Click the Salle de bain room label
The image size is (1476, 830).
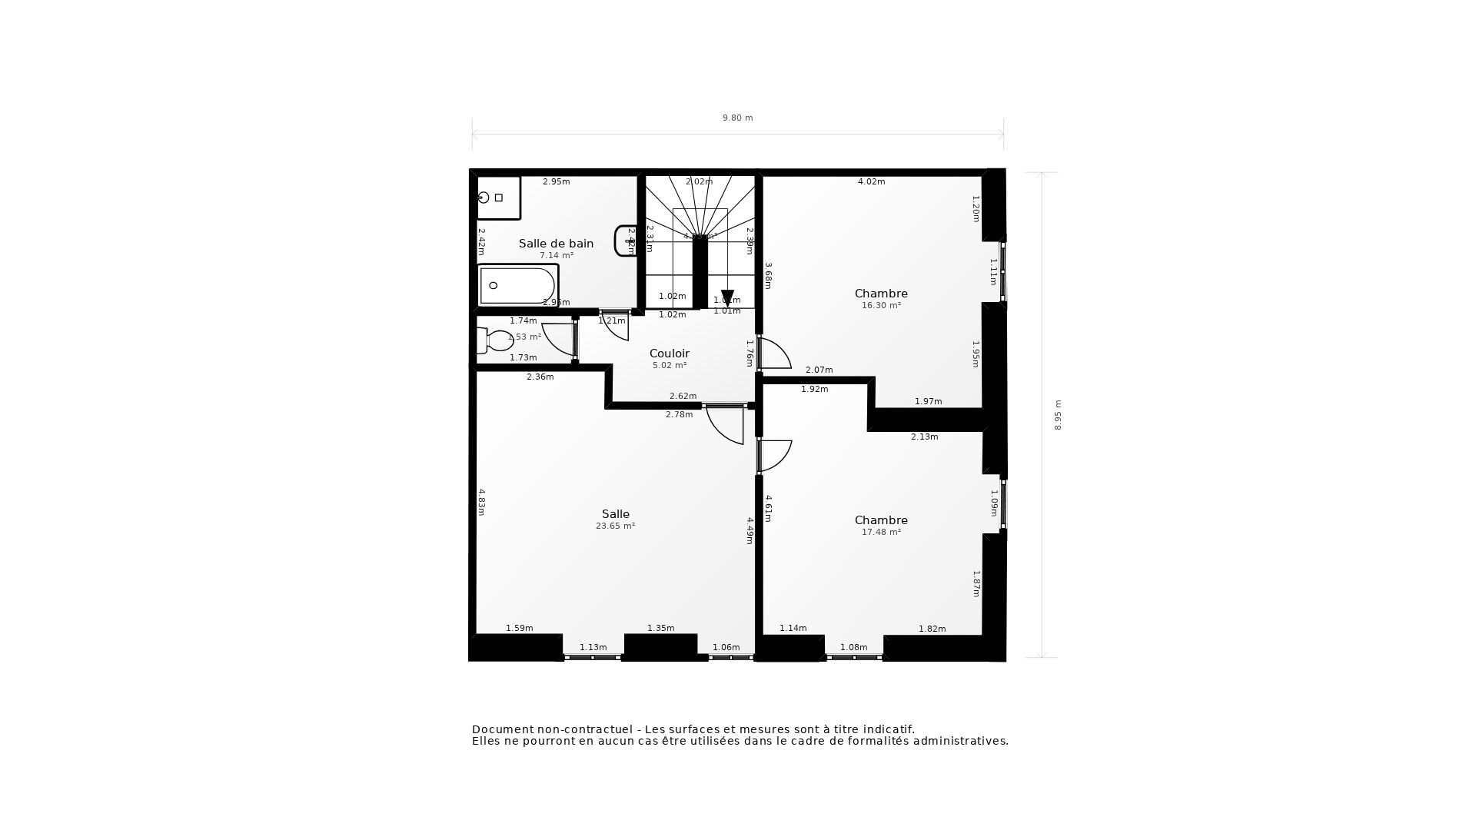click(x=556, y=244)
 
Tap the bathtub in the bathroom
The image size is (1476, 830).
click(x=517, y=286)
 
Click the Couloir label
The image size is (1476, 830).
click(x=669, y=354)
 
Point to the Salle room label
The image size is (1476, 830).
click(x=615, y=514)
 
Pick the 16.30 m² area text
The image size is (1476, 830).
click(x=881, y=305)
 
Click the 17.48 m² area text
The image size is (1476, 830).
click(x=881, y=532)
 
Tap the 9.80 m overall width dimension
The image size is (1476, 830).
click(x=737, y=118)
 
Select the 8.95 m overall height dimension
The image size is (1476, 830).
click(x=1058, y=415)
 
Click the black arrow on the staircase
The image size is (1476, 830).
click(x=727, y=297)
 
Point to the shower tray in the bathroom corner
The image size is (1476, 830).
click(x=498, y=198)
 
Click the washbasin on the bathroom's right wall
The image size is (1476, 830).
click(x=625, y=241)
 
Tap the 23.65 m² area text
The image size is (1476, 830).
click(x=615, y=526)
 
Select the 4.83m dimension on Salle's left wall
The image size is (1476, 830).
click(x=482, y=502)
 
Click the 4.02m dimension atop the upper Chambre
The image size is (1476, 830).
click(x=871, y=182)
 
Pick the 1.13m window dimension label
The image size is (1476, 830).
click(x=593, y=647)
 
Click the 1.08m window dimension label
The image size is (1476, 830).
click(x=853, y=647)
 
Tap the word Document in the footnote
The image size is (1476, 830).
click(x=501, y=729)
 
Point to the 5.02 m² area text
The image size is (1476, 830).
click(x=669, y=366)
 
